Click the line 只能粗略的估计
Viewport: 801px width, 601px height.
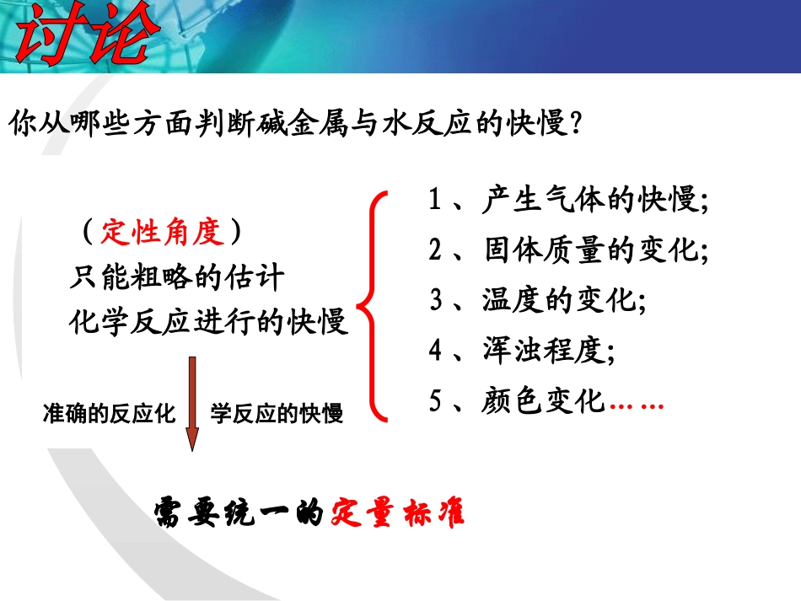click(x=176, y=276)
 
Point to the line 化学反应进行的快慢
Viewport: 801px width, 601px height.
click(x=208, y=322)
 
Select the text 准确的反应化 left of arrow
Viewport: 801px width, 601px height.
click(x=109, y=414)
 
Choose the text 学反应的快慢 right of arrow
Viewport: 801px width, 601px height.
click(x=277, y=414)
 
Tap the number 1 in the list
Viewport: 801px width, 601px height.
click(x=435, y=201)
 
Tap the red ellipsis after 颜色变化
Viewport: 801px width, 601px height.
click(x=636, y=405)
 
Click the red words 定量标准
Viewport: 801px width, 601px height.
click(x=398, y=512)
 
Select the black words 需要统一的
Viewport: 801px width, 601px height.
click(x=239, y=512)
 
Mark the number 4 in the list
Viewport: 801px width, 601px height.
click(x=435, y=351)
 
